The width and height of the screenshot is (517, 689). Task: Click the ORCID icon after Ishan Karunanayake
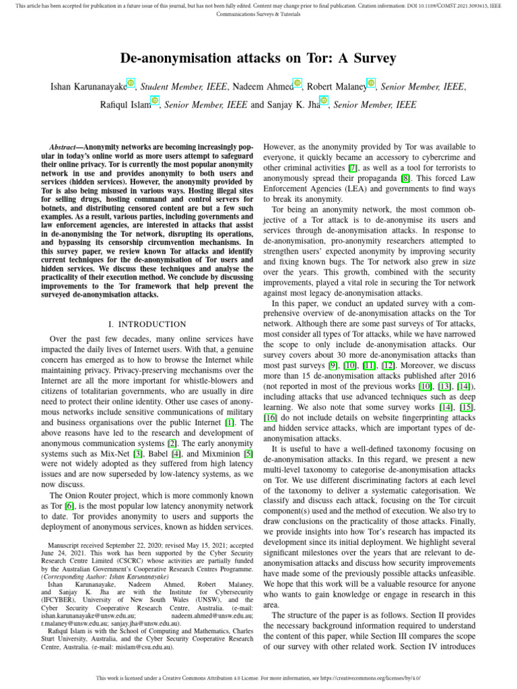(131, 83)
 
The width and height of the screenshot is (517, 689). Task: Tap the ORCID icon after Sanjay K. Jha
(324, 101)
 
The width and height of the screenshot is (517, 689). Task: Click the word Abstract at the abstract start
(63, 147)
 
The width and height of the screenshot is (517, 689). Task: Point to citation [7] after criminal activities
(352, 167)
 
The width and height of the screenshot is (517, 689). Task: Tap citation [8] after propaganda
(405, 178)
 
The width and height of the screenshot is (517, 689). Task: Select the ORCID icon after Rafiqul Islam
(155, 101)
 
